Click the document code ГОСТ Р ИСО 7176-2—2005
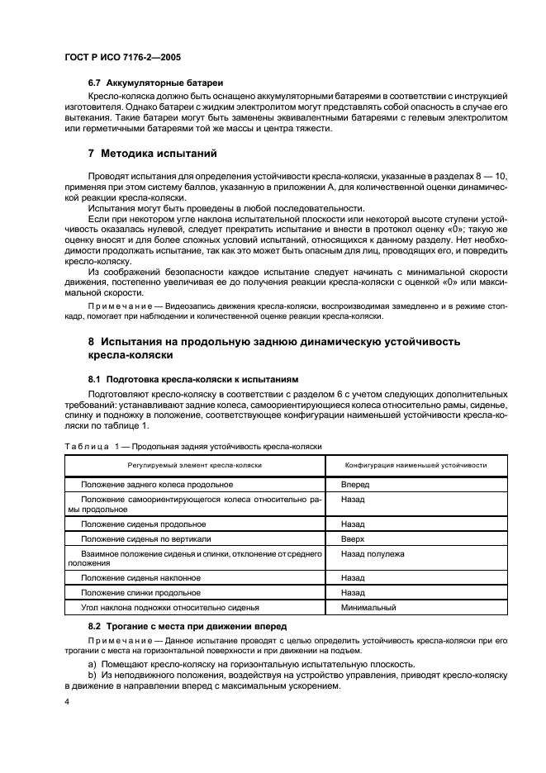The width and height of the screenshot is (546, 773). click(x=123, y=58)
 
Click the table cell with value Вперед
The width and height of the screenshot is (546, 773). click(x=355, y=485)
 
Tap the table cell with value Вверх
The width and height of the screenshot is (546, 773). click(x=354, y=538)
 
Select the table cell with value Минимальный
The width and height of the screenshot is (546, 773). click(x=368, y=608)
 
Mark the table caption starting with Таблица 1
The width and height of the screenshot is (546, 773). click(x=192, y=447)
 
